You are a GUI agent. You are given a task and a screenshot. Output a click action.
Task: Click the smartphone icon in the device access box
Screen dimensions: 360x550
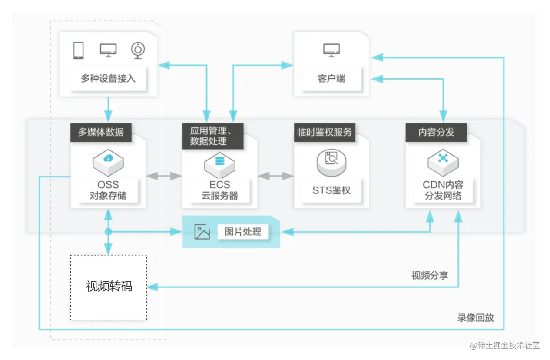tap(78, 50)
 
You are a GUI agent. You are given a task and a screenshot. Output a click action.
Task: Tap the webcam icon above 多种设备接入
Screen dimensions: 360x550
tap(138, 50)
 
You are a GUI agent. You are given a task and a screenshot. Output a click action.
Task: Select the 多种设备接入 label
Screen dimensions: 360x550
tap(108, 79)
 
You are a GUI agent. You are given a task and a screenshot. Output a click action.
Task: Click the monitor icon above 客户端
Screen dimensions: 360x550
tap(331, 50)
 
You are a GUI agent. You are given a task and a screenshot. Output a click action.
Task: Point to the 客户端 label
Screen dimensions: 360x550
tap(331, 79)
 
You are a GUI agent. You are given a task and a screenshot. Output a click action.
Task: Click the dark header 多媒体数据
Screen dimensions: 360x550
tap(101, 132)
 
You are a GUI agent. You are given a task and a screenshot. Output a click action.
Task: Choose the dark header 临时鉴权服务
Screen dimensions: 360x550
tap(324, 132)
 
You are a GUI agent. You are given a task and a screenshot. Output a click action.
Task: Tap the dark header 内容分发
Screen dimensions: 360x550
tap(436, 132)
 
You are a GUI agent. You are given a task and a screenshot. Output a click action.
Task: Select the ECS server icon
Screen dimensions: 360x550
tap(220, 162)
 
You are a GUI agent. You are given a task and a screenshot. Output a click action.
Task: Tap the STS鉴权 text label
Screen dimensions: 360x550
tap(331, 190)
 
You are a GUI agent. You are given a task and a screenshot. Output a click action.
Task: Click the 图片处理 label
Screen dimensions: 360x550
tap(243, 232)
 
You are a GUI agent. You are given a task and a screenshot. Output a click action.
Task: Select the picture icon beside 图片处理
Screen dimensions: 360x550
tap(202, 232)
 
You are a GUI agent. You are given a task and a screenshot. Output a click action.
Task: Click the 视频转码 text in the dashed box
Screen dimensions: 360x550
tap(109, 287)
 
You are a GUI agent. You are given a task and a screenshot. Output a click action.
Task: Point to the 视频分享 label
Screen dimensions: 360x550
tap(430, 275)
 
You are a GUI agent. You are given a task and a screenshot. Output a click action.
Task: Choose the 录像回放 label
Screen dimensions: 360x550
tap(475, 318)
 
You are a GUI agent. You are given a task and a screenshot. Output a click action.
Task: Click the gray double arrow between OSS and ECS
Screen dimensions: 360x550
tap(164, 176)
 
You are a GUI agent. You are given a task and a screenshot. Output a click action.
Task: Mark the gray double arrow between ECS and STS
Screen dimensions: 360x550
tap(275, 176)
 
